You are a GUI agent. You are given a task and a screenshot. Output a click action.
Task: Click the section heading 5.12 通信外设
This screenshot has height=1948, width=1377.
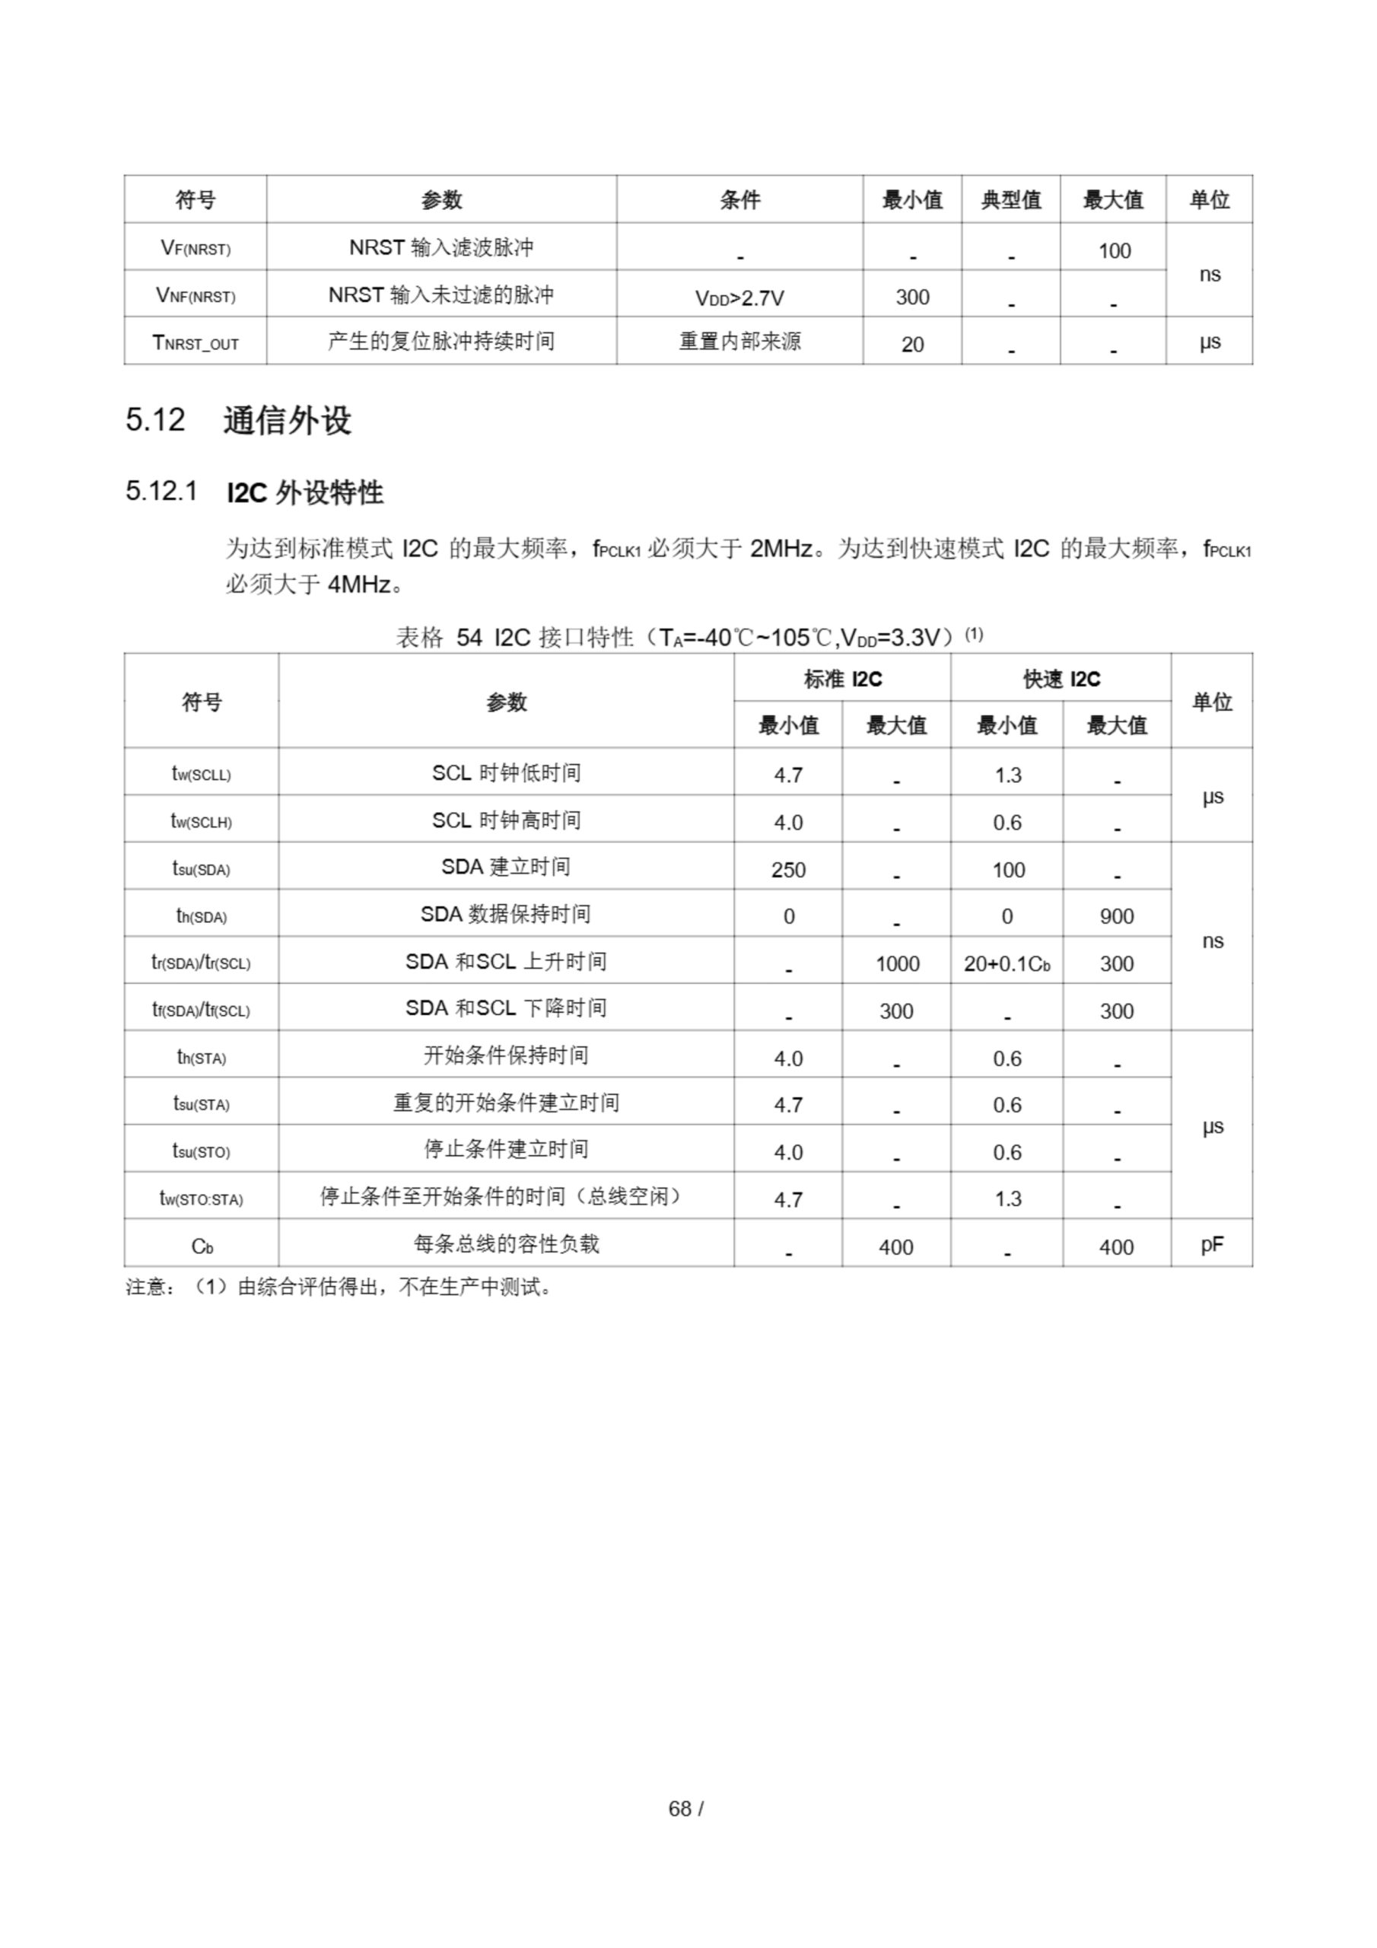pyautogui.click(x=238, y=420)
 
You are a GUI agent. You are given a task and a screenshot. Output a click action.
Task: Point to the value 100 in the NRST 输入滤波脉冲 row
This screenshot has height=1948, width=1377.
pyautogui.click(x=1113, y=250)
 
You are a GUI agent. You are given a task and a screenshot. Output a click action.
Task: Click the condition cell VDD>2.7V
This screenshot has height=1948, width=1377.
pyautogui.click(x=739, y=298)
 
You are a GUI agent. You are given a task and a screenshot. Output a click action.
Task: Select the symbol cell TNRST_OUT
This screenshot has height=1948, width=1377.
pyautogui.click(x=196, y=342)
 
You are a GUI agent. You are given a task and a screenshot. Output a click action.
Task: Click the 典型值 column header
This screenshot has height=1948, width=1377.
pyautogui.click(x=1010, y=200)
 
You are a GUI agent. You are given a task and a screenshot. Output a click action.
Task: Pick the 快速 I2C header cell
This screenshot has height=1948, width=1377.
pyautogui.click(x=1061, y=679)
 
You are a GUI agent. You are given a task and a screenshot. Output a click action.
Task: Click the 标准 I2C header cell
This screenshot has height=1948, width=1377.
pyautogui.click(x=841, y=679)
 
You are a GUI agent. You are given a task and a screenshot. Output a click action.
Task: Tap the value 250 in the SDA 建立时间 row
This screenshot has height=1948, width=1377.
pyautogui.click(x=787, y=870)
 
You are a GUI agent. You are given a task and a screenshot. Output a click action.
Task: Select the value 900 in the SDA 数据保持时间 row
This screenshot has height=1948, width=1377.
pyautogui.click(x=1117, y=916)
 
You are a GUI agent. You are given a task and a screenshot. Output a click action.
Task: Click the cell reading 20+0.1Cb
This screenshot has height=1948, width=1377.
pyautogui.click(x=1007, y=964)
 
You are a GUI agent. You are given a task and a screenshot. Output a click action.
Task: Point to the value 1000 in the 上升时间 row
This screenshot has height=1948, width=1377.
pyautogui.click(x=897, y=964)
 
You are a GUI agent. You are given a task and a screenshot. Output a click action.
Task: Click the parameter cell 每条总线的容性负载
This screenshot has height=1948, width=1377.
pyautogui.click(x=506, y=1244)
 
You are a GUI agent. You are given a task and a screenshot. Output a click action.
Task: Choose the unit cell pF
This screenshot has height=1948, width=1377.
pyautogui.click(x=1212, y=1244)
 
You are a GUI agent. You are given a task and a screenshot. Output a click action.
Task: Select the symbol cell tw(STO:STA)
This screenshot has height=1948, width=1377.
pyautogui.click(x=201, y=1198)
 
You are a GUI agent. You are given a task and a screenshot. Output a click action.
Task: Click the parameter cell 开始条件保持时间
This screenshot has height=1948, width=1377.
pyautogui.click(x=506, y=1055)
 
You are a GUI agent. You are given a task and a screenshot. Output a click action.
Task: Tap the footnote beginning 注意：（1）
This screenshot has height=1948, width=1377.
pyautogui.click(x=339, y=1287)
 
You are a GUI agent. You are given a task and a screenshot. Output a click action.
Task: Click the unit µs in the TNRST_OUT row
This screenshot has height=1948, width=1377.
pyautogui.click(x=1209, y=342)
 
